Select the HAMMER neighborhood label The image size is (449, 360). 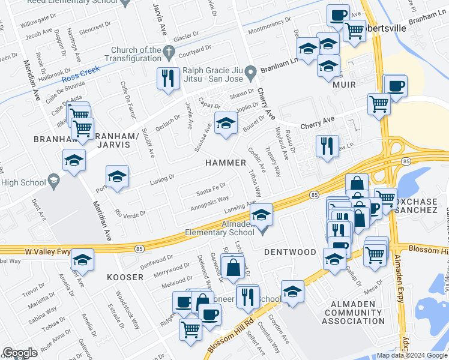point(226,163)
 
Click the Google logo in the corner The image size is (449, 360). point(20,353)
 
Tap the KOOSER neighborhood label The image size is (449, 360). point(125,277)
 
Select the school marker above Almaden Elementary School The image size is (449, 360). point(262,214)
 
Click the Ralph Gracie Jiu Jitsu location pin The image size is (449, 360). point(254,70)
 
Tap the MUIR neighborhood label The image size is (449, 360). point(345,85)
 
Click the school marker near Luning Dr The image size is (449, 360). point(118,176)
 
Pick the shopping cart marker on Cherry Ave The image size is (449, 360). point(379,103)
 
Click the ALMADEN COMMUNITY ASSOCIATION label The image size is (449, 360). point(353,313)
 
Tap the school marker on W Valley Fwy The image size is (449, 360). point(82,260)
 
